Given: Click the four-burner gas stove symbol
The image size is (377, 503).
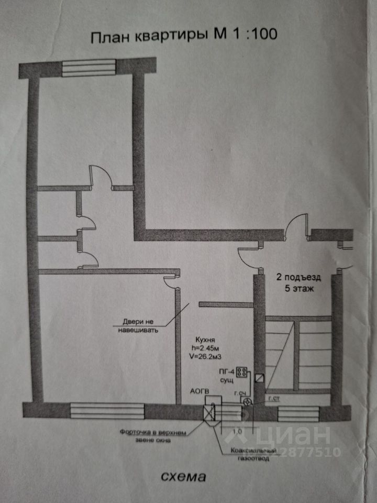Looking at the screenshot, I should (x=242, y=372).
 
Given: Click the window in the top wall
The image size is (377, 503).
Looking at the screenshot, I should (x=89, y=68).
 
